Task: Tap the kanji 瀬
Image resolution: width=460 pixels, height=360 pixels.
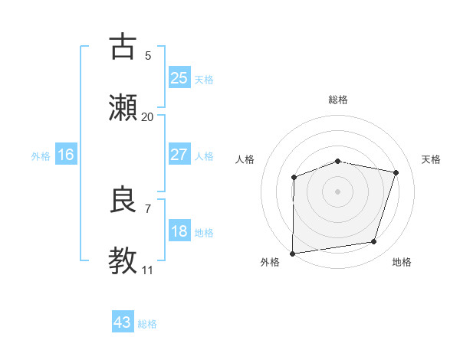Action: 123,107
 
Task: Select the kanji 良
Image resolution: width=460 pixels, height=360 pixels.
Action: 123,200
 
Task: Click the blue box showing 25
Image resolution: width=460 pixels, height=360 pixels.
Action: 179,78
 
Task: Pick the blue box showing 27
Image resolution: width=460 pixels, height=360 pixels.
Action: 179,155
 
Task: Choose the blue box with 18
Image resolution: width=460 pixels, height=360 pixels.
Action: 179,232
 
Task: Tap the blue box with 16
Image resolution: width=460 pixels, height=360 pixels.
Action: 65,155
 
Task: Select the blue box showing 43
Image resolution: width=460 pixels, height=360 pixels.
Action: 123,322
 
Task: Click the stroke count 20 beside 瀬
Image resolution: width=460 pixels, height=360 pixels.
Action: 147,117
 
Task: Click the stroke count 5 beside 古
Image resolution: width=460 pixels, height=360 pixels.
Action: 147,56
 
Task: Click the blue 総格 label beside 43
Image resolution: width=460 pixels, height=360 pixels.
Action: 147,324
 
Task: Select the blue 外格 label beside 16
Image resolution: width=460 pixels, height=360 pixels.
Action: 41,156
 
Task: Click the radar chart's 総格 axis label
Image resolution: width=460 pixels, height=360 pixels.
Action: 337,100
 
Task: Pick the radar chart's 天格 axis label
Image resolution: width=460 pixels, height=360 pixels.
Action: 431,159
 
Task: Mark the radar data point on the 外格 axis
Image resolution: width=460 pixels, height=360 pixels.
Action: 293,253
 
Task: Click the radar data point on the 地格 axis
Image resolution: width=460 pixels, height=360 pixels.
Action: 374,242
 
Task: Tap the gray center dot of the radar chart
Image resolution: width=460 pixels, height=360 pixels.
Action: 337,191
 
